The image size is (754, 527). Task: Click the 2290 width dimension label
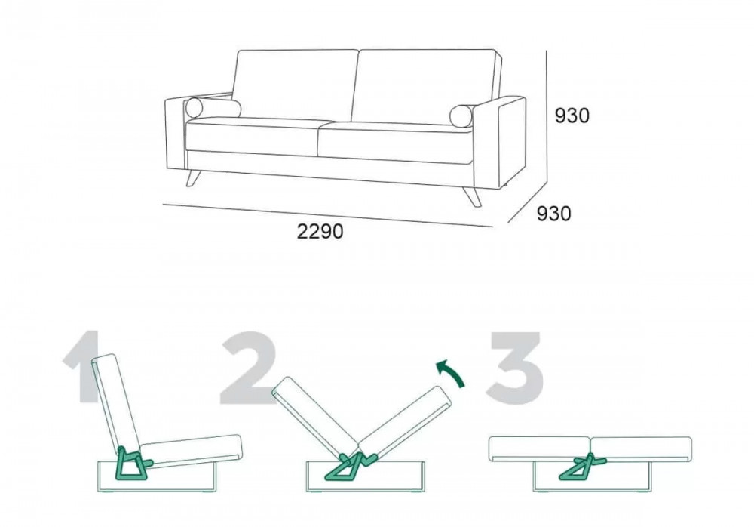(x=320, y=232)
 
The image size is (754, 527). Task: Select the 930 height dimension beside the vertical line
(x=572, y=116)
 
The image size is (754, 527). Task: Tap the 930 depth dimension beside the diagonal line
(x=554, y=214)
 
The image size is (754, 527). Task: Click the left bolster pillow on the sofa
(x=213, y=108)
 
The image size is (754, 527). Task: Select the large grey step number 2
(x=249, y=367)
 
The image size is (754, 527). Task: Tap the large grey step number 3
(x=514, y=367)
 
